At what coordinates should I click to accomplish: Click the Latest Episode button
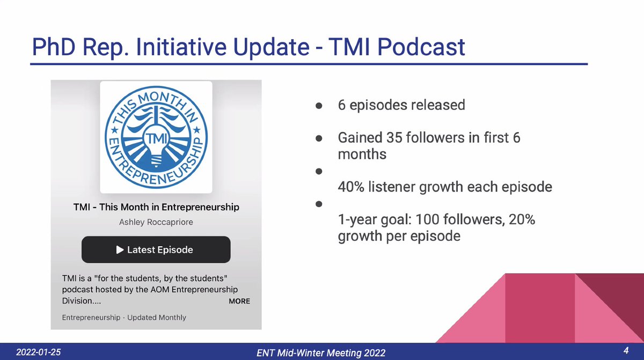tap(156, 249)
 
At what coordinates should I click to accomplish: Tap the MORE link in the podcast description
tap(239, 301)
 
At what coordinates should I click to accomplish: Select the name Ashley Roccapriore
tap(156, 222)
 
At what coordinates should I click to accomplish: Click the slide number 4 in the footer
tap(626, 351)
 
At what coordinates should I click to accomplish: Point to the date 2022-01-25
tap(38, 351)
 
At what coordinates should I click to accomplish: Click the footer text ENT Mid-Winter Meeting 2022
tap(321, 352)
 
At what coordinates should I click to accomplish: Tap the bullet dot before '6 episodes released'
tap(318, 106)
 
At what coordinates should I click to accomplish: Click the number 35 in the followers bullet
tap(396, 138)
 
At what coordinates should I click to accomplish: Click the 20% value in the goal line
tap(519, 220)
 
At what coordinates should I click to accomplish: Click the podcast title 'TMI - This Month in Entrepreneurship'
tap(156, 207)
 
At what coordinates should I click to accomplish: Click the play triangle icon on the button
tap(120, 249)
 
